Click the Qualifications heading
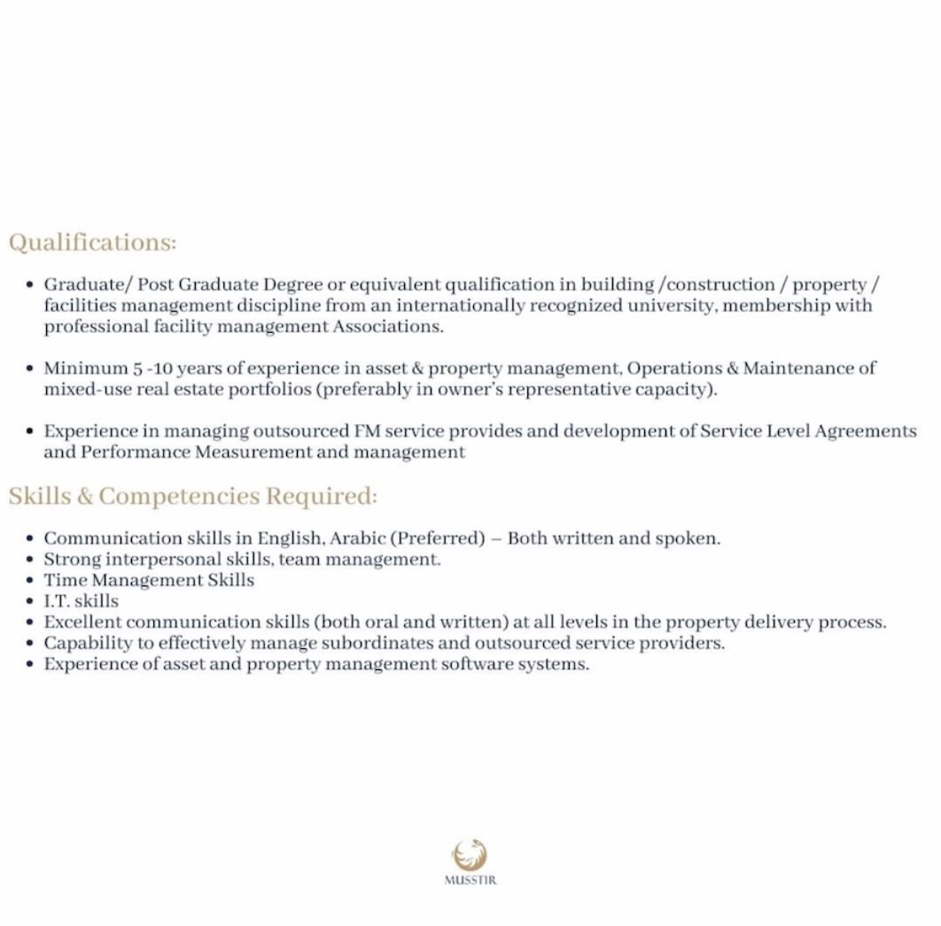[93, 243]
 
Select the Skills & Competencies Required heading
[193, 496]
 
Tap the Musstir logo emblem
[470, 855]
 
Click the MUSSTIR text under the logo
[470, 881]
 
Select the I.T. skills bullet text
[81, 601]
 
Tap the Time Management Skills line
[149, 581]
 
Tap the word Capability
[86, 644]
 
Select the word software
[473, 664]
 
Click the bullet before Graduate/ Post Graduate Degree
[30, 286]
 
